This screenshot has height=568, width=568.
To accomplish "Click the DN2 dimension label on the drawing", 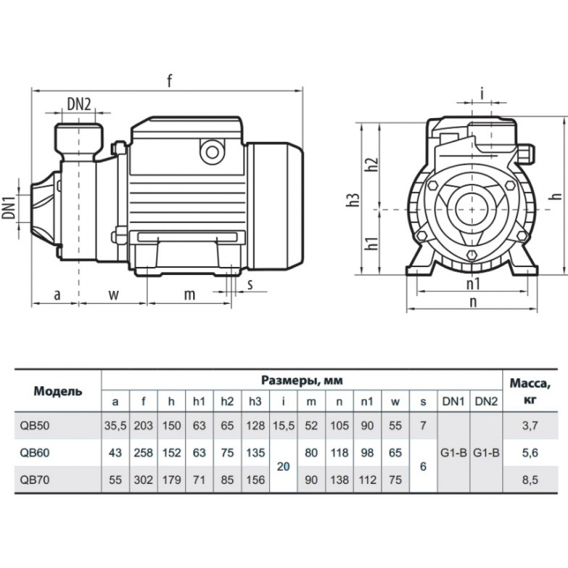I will pos(79,103).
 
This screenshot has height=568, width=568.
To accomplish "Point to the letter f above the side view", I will pos(169,81).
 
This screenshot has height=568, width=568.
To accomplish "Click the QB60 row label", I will pos(34,453).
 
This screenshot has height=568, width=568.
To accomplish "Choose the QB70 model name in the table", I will pos(34,480).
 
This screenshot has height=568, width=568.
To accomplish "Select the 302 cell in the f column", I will pos(144,480).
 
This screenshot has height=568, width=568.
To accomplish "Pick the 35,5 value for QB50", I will pos(115,426).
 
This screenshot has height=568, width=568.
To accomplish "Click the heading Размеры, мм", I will pos(302,379).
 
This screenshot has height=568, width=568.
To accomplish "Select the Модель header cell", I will pos(57,391).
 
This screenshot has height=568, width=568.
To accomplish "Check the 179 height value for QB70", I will pos(172,480).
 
